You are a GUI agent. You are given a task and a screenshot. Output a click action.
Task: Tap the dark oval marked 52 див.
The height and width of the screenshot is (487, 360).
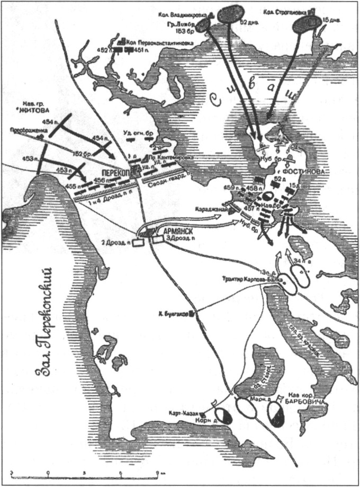[x=229, y=12]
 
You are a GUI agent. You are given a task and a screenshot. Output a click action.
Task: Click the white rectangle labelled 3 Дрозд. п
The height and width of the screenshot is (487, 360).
[x=158, y=240]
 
